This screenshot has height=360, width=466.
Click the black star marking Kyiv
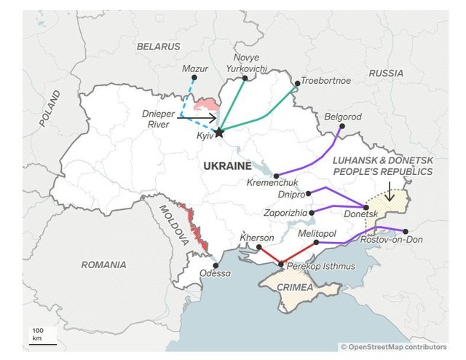pyautogui.click(x=220, y=131)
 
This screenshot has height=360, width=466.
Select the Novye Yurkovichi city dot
pyautogui.click(x=245, y=78)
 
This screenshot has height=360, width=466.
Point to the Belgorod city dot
pyautogui.click(x=340, y=126)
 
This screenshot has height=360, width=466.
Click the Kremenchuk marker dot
pyautogui.click(x=277, y=176)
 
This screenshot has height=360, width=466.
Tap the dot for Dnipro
pyautogui.click(x=309, y=193)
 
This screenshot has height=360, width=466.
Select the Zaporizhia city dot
pyautogui.click(x=312, y=212)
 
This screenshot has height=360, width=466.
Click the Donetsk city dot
pyautogui.click(x=366, y=207)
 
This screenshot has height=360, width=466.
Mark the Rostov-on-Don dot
pyautogui.click(x=406, y=231)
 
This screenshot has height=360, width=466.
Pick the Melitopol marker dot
pyautogui.click(x=316, y=242)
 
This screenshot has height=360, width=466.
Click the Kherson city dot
pyautogui.click(x=258, y=247)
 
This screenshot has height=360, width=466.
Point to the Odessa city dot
pyautogui.click(x=215, y=265)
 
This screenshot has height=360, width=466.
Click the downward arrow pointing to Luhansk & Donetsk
pyautogui.click(x=390, y=191)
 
